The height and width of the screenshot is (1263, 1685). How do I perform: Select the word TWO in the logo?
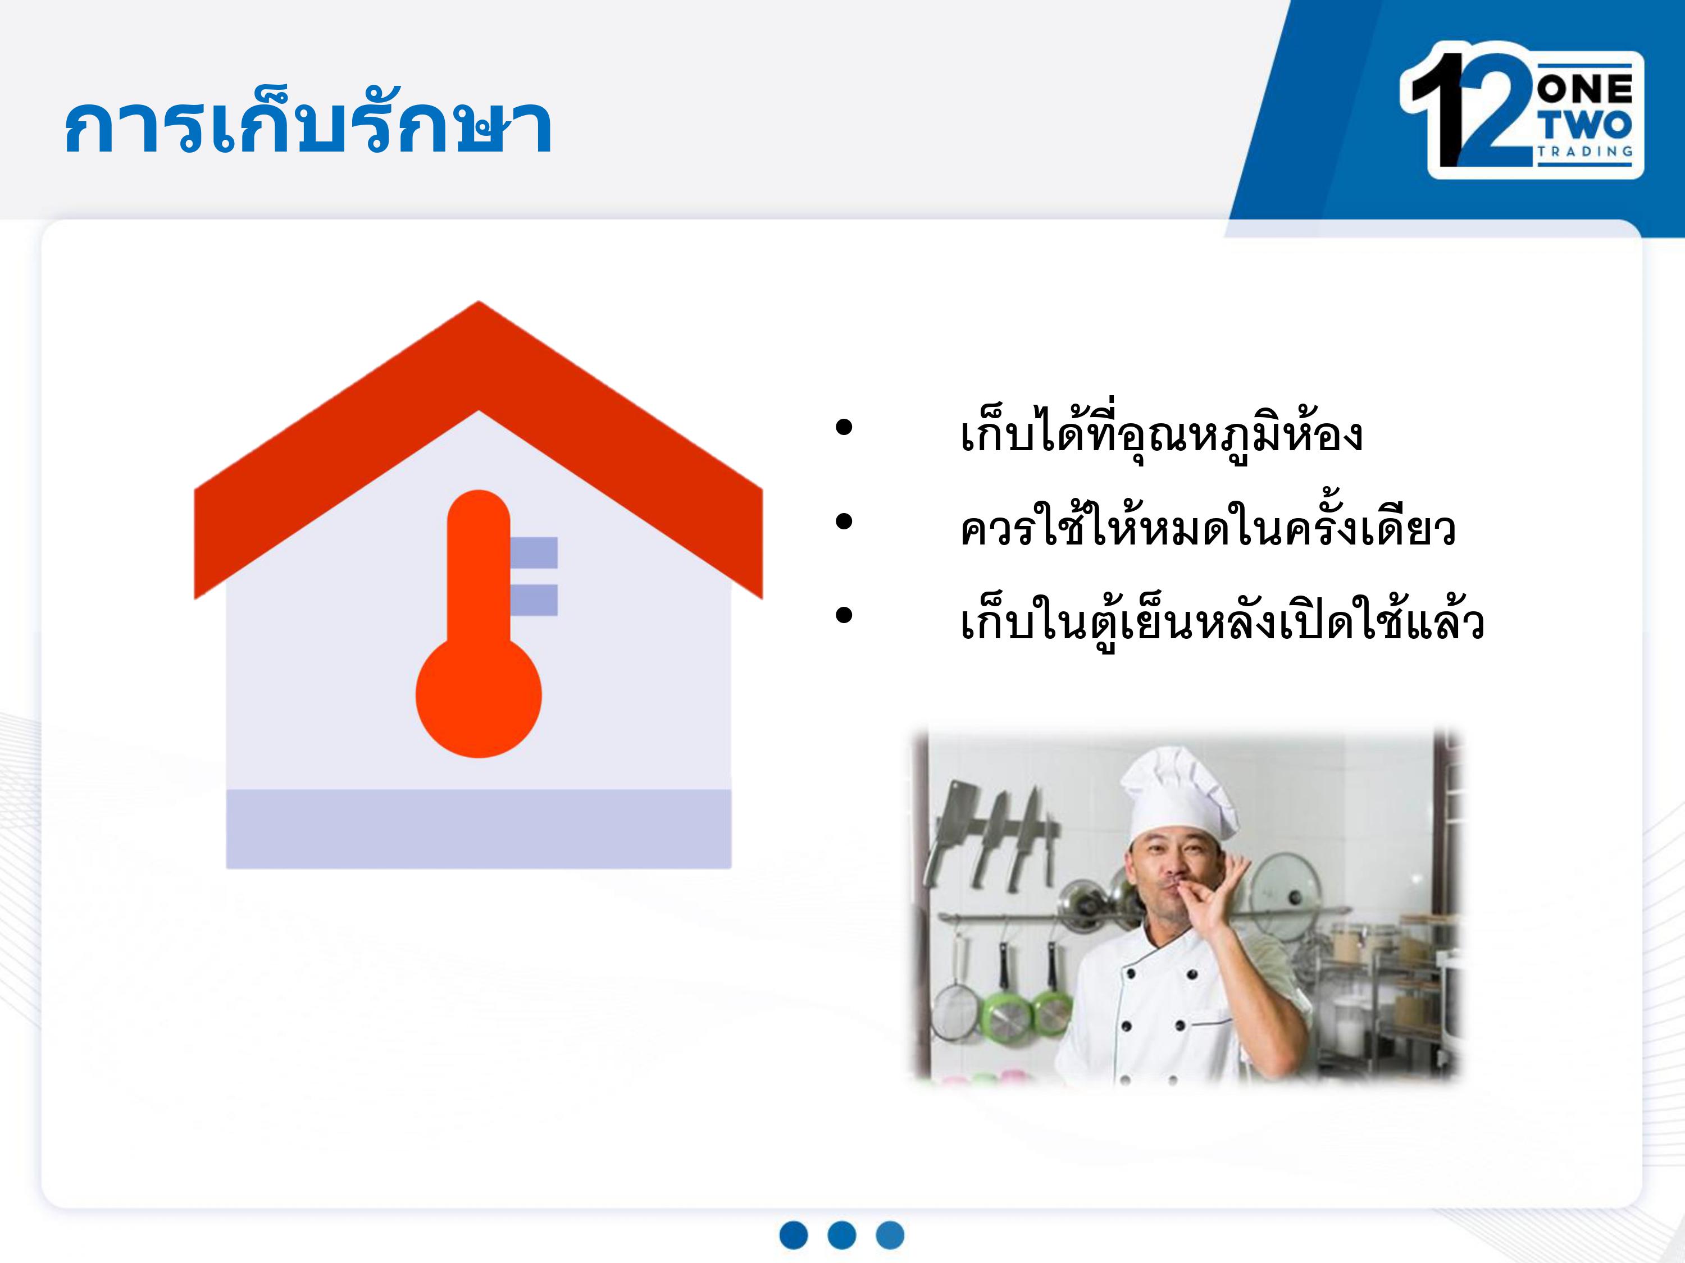click(1584, 126)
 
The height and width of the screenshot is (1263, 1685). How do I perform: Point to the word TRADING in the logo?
click(1584, 152)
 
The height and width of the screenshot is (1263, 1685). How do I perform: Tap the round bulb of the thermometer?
click(479, 696)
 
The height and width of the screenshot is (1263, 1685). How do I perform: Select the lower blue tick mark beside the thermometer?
click(533, 600)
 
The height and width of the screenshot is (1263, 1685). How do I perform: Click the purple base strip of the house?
click(479, 829)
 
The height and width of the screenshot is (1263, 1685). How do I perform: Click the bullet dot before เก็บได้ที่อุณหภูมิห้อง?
click(843, 428)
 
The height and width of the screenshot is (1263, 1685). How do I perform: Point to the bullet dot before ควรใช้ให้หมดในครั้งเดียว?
click(843, 522)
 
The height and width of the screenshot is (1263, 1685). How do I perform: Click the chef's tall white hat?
click(1177, 791)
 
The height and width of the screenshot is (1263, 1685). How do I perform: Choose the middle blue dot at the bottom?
click(842, 1235)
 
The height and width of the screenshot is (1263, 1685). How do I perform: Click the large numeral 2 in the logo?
click(1489, 107)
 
